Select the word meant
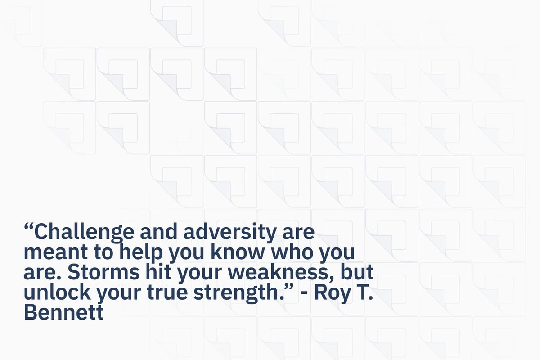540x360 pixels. tap(56, 252)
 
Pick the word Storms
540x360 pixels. tap(103, 272)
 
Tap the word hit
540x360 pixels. tap(158, 271)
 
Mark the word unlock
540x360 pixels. tap(57, 292)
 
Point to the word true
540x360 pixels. tap(167, 292)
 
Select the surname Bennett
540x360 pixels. tap(63, 312)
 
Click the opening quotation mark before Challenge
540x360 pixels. tap(28, 227)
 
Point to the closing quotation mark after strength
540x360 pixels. tap(289, 288)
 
